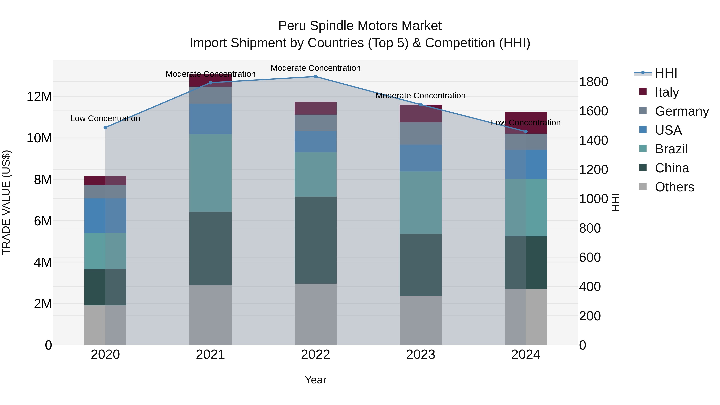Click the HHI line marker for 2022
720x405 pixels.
(x=316, y=77)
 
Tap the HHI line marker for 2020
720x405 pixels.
(x=105, y=127)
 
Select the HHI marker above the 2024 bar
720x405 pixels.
(x=526, y=132)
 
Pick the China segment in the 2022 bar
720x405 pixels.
(x=316, y=240)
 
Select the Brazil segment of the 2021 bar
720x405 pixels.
(x=210, y=173)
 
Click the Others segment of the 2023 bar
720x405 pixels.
(x=421, y=320)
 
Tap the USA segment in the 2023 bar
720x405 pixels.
(x=421, y=158)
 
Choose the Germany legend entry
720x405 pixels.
(x=681, y=111)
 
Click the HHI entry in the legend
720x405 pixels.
(x=666, y=73)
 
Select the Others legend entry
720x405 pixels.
(x=674, y=187)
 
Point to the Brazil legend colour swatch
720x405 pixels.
(x=643, y=148)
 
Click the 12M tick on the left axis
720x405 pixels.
(x=39, y=97)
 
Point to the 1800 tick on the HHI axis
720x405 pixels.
(x=593, y=82)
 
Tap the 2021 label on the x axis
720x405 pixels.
(x=210, y=355)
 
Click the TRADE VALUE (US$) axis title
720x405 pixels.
(x=6, y=202)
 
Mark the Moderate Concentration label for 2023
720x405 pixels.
(x=420, y=96)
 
